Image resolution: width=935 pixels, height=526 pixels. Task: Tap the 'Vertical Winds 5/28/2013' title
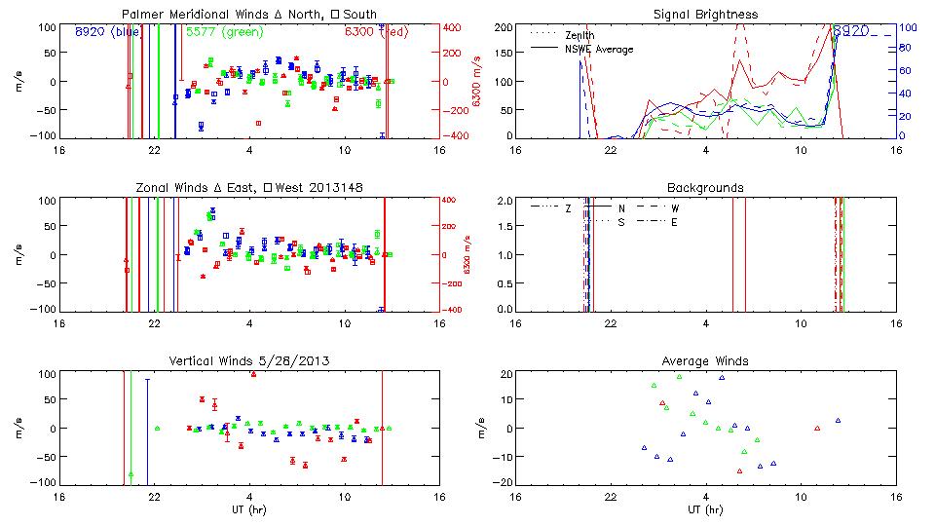[250, 361]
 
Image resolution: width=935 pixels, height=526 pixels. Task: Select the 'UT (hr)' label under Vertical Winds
[250, 509]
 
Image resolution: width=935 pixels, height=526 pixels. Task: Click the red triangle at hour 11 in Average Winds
[817, 428]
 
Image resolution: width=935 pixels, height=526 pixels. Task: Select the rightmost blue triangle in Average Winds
[838, 421]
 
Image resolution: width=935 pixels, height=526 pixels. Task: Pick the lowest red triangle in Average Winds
[739, 470]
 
